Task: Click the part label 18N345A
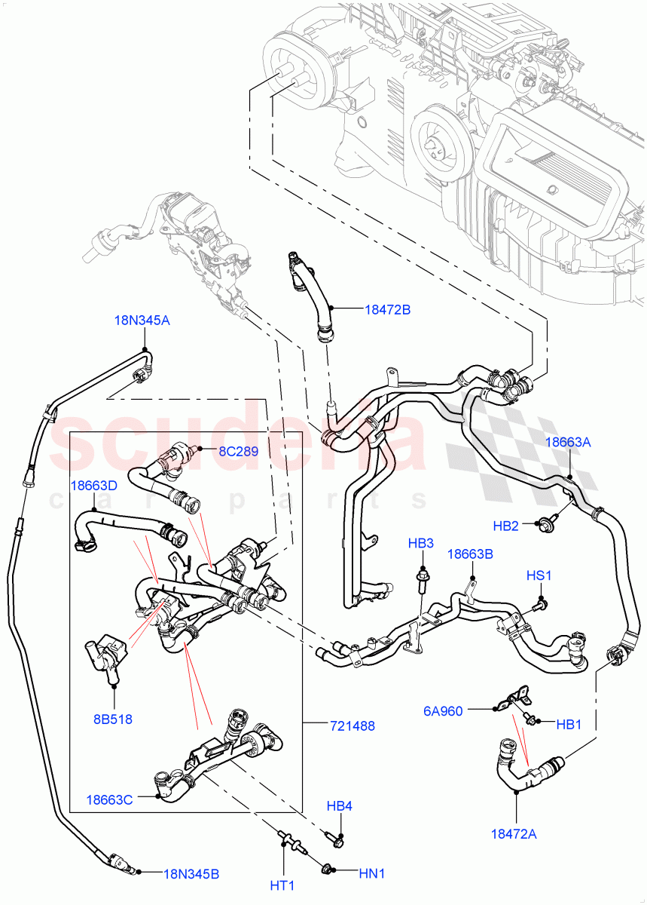[142, 321]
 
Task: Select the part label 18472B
[387, 309]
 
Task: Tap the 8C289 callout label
[238, 452]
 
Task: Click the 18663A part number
[567, 443]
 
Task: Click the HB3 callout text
[421, 543]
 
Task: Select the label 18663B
[470, 554]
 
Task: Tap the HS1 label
[539, 576]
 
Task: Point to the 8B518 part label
[113, 719]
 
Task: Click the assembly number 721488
[352, 726]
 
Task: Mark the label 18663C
[110, 799]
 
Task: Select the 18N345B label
[191, 874]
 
